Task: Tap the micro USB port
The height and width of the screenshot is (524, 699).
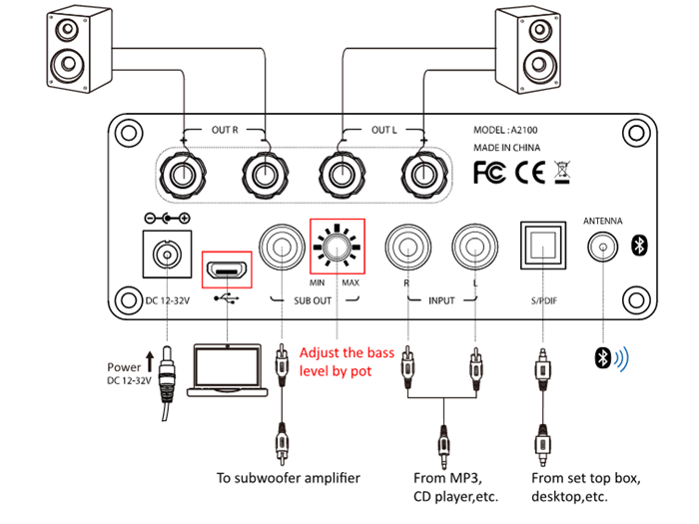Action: point(227,269)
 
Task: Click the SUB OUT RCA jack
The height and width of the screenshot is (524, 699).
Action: point(281,245)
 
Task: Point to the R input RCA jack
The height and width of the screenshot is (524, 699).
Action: point(407,246)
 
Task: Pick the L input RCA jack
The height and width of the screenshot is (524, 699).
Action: point(471,246)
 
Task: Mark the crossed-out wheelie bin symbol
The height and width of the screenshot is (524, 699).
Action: point(560,173)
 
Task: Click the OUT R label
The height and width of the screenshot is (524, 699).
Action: point(226,132)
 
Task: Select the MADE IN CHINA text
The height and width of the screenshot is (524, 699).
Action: point(508,148)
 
